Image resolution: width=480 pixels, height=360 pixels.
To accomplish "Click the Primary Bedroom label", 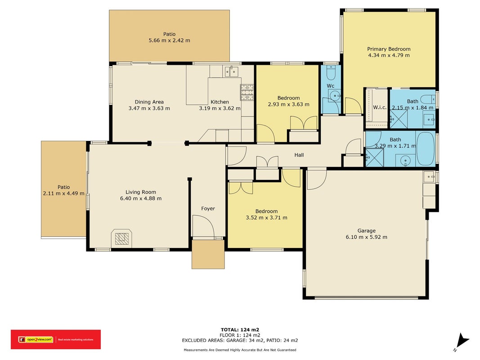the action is (x=389, y=49).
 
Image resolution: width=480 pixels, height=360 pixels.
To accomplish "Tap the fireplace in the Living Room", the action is (x=121, y=238).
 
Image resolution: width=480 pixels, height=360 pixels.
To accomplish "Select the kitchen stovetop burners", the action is (x=247, y=92).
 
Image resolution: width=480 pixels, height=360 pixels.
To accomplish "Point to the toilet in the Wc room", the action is (x=331, y=72).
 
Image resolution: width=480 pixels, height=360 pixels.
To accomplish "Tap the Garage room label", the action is (x=367, y=231).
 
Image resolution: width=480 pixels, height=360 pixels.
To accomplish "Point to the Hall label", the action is (x=299, y=155).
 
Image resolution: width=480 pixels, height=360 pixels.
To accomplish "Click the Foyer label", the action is (x=208, y=209).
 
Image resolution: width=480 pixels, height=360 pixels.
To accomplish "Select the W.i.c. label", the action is (x=380, y=108).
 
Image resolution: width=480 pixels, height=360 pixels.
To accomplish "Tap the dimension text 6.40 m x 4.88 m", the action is (x=141, y=198).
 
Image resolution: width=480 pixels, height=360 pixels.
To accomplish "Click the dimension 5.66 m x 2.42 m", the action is (x=169, y=40).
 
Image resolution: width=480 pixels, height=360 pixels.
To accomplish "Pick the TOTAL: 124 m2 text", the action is (x=240, y=330).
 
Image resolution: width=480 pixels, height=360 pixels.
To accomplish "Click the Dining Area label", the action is (x=149, y=102).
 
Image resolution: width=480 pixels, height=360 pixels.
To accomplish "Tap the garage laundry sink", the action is (x=429, y=177).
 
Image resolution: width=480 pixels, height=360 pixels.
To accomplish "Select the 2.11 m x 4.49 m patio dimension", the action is (x=64, y=193).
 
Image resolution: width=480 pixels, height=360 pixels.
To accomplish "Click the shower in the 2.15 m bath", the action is (x=399, y=119).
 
